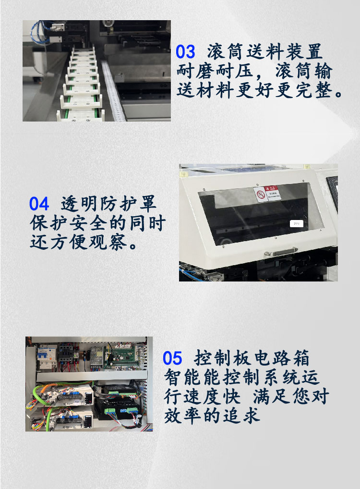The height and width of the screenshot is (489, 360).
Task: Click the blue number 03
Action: coord(185,52)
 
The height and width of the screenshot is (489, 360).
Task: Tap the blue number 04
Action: coord(39,204)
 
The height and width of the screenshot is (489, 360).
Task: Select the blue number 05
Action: coord(172,358)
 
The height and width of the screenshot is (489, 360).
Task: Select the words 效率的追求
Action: coord(212,416)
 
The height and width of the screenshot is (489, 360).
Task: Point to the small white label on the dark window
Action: coord(297,223)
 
